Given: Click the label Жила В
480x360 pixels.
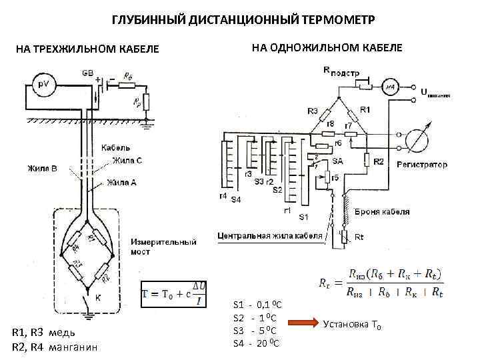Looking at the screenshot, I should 42,169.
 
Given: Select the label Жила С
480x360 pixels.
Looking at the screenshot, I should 127,160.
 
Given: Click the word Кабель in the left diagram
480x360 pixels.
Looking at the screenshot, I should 116,147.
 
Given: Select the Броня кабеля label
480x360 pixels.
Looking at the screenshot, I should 382,212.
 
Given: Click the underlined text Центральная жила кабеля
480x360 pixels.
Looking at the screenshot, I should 270,235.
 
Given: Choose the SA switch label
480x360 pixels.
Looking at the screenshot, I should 337,162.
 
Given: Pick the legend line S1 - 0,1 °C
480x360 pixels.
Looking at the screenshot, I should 257,304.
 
